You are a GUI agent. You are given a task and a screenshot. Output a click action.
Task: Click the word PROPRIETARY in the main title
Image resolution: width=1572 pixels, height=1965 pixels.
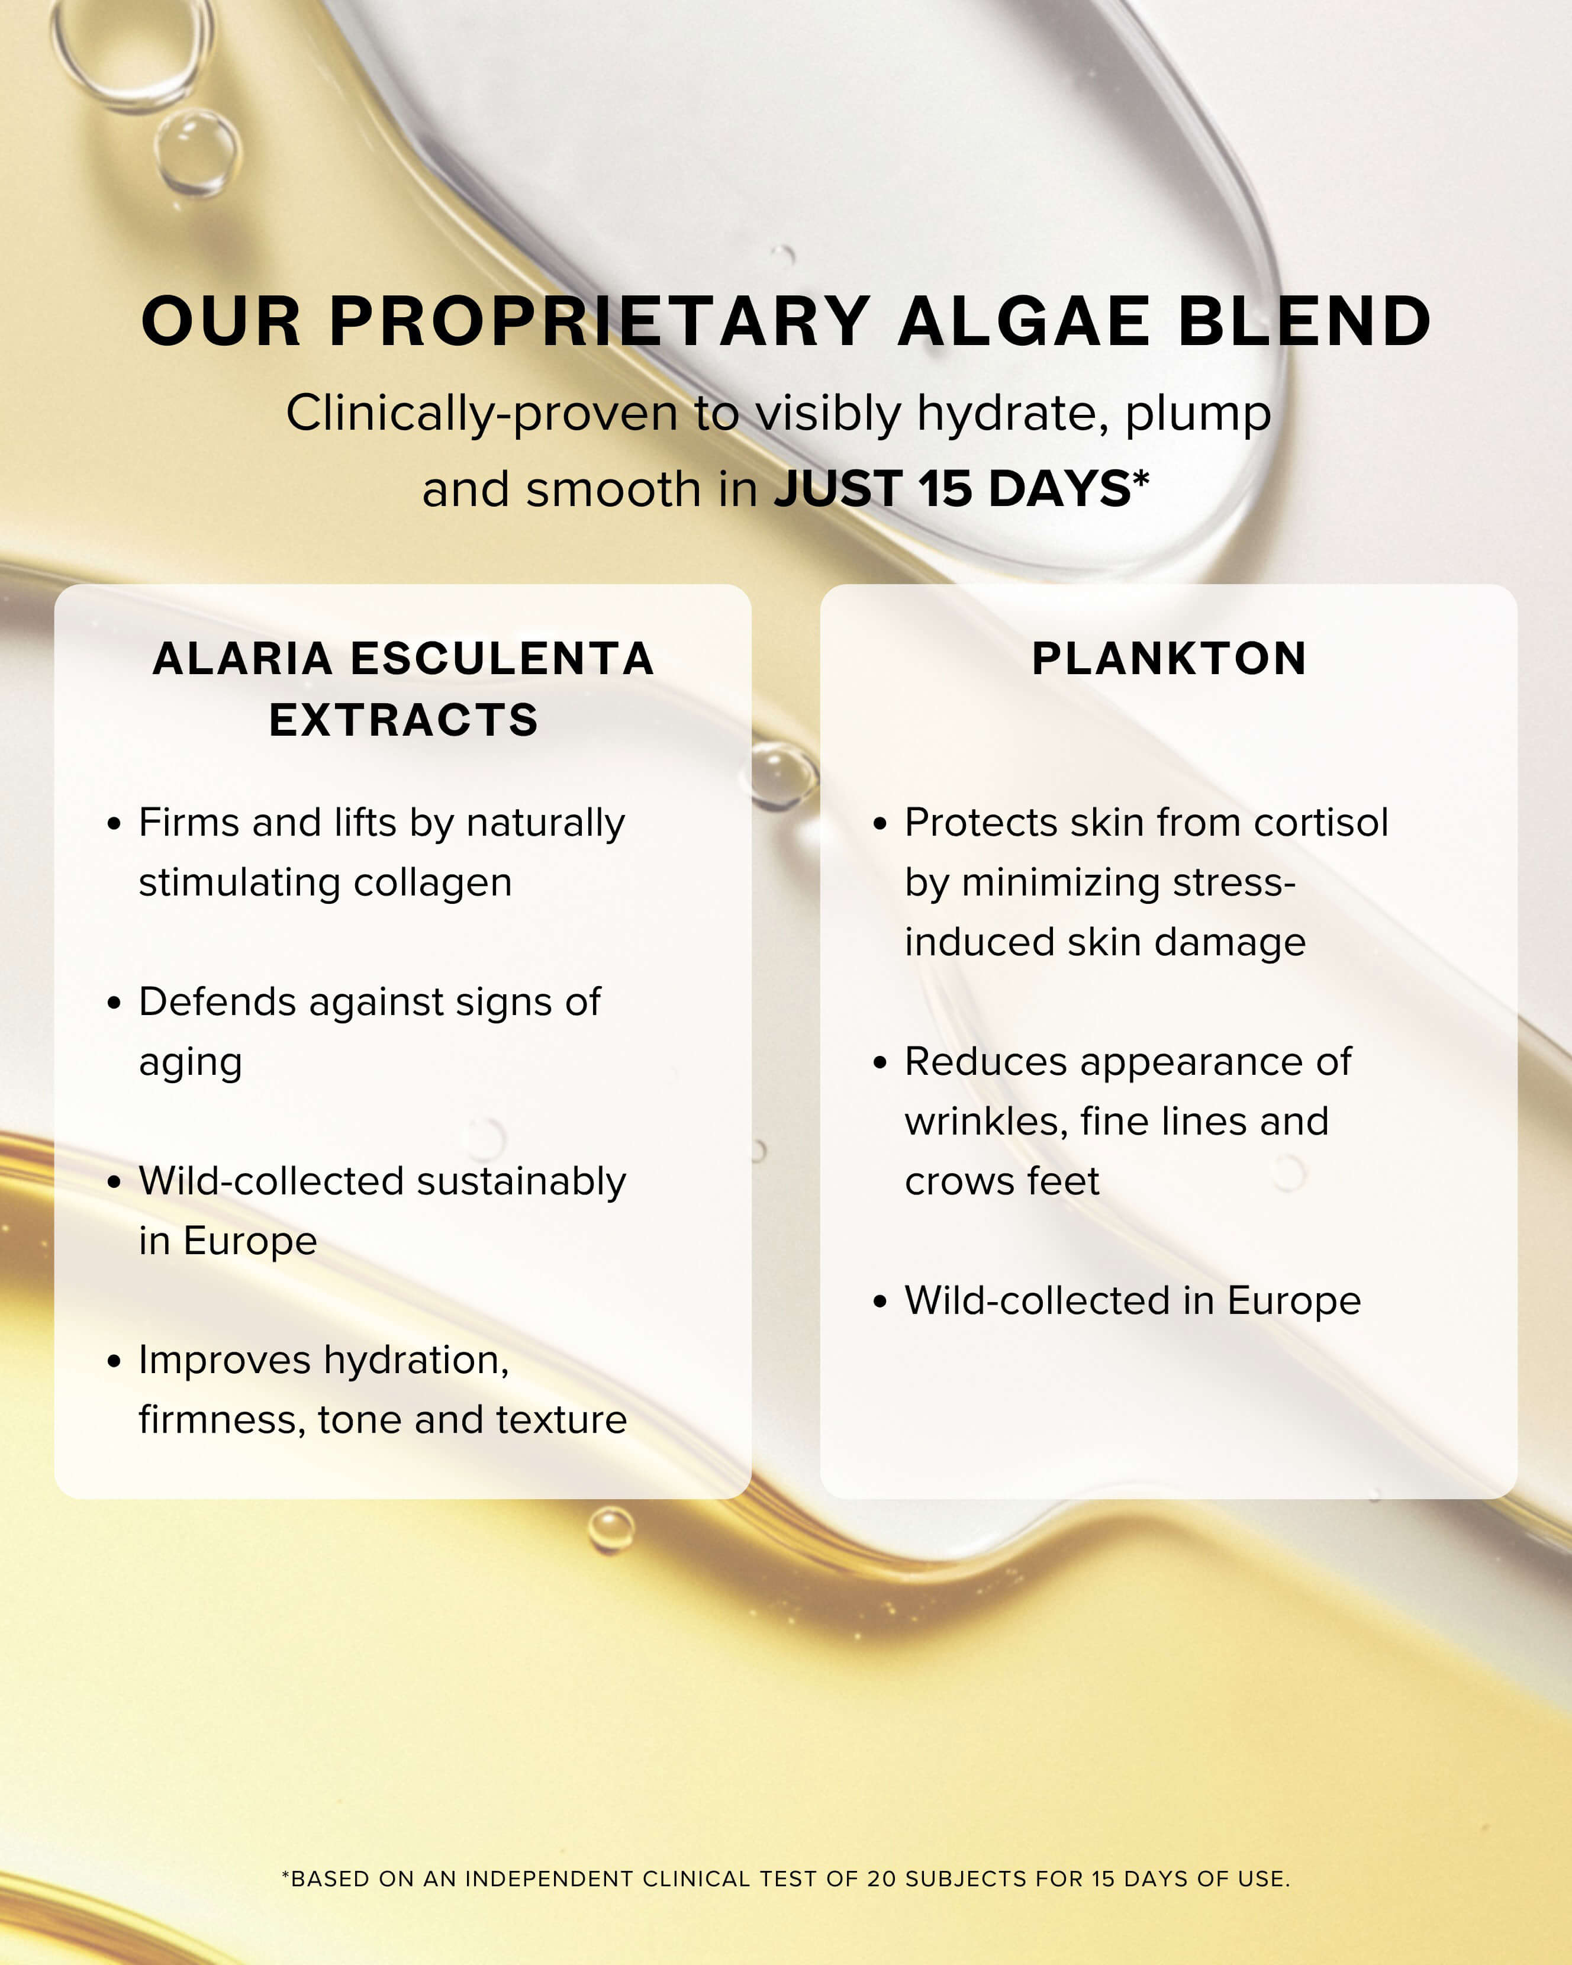599,322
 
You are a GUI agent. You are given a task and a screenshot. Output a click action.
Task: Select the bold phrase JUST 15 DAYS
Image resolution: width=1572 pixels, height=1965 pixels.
952,489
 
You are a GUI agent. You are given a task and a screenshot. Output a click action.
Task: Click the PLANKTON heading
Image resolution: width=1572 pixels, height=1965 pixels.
1169,659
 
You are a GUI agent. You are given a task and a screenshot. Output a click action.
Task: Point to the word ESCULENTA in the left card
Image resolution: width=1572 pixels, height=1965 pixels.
502,659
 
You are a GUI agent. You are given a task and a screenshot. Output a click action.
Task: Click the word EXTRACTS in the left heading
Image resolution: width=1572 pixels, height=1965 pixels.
403,720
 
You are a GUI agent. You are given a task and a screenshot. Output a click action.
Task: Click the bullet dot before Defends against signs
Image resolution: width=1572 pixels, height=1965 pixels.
114,1003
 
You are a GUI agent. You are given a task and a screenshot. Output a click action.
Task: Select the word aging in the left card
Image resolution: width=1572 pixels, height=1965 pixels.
191,1063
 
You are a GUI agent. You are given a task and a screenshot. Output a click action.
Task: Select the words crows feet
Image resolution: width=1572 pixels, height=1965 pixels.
1001,1182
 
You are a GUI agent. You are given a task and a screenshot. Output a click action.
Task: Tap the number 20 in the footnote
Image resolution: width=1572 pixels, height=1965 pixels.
881,1879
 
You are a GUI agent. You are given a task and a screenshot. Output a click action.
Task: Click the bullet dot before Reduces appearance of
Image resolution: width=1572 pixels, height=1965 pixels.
880,1063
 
